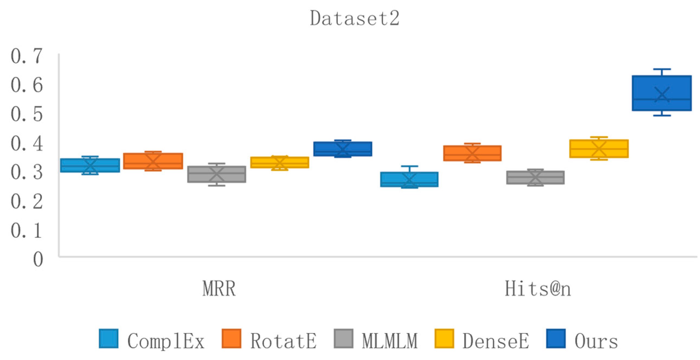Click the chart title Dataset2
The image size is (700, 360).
coord(355,18)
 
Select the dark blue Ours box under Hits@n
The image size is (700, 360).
coord(662,93)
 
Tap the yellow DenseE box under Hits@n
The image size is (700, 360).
coord(599,149)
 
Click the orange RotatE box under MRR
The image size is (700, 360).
coord(153,161)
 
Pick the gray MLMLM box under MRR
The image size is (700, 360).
coord(217,174)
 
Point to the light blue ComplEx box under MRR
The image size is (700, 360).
coord(90,165)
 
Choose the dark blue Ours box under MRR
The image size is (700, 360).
coord(343,149)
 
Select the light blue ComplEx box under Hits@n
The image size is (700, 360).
coord(409,179)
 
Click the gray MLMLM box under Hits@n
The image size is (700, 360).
coord(535,177)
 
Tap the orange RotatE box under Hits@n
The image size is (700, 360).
coord(472,153)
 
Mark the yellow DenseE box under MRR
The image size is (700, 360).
coord(280,162)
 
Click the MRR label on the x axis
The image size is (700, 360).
coord(219,288)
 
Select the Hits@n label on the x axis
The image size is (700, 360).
coord(538,288)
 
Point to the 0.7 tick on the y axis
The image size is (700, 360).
coord(27,56)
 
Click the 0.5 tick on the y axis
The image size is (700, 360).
coord(27,114)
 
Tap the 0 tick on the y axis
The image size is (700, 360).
coord(38,259)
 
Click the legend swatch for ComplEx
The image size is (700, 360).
coord(108,339)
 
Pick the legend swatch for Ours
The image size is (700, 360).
coord(556,339)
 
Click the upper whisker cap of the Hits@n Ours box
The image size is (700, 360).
coord(662,69)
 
